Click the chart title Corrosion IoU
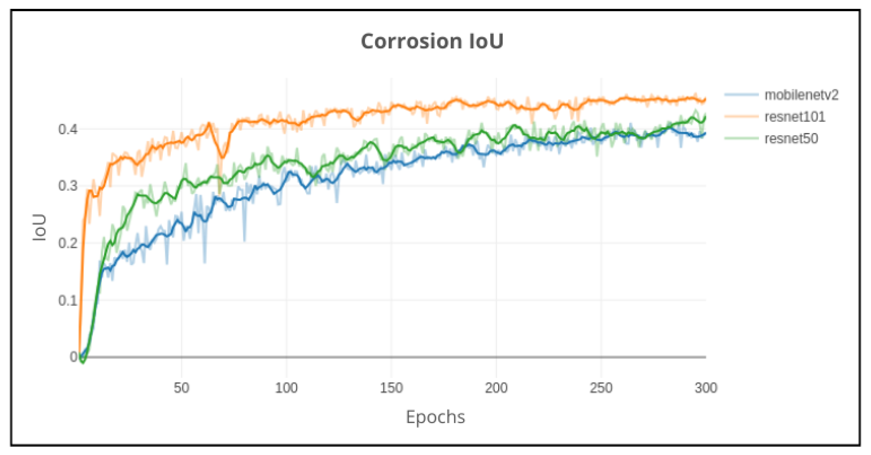432,42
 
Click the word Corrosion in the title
411,42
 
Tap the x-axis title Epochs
435,417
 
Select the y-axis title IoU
39,227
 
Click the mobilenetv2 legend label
801,95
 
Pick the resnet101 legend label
794,117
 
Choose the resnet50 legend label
791,138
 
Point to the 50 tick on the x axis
182,388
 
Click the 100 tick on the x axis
286,388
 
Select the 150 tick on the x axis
391,388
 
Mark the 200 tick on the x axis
496,388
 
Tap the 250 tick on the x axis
601,388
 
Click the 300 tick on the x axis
706,388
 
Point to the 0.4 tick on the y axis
68,129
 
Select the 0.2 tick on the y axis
68,243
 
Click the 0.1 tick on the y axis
68,300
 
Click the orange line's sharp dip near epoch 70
222,157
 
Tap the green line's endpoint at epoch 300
705,117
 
